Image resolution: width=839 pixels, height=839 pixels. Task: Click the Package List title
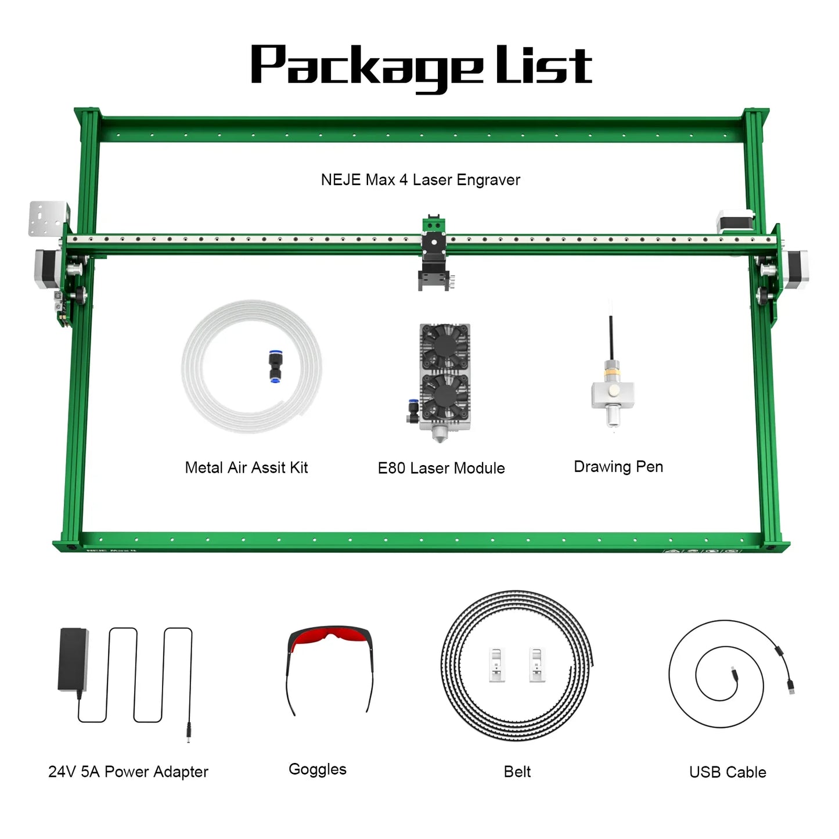coord(420,67)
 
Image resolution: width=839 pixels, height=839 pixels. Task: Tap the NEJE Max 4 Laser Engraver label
coord(420,180)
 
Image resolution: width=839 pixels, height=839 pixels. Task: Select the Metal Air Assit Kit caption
coord(246,467)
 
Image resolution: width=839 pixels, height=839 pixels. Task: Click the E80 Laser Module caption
coord(441,468)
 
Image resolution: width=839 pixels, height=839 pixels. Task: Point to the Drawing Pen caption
coord(618,467)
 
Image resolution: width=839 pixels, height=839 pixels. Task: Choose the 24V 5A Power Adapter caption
coord(128,772)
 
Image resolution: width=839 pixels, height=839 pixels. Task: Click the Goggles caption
coord(318,769)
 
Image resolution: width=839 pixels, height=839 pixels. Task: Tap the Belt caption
coord(517,772)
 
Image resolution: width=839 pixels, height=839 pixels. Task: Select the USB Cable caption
coord(728,772)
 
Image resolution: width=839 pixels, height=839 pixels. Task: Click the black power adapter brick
coord(73,659)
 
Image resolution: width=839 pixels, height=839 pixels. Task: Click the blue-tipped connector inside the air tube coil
coord(274,366)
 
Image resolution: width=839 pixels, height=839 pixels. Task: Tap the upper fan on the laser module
coord(445,347)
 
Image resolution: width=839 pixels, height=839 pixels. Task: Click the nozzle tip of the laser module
coord(439,435)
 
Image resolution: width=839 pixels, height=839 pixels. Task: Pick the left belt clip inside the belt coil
coord(496,664)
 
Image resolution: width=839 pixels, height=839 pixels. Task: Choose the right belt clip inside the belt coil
coord(536,664)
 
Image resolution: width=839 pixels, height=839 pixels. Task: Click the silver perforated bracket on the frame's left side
coord(48,218)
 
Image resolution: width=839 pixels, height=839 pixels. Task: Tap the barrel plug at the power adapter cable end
coord(189,732)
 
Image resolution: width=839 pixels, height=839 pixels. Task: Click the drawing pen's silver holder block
coord(613,394)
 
